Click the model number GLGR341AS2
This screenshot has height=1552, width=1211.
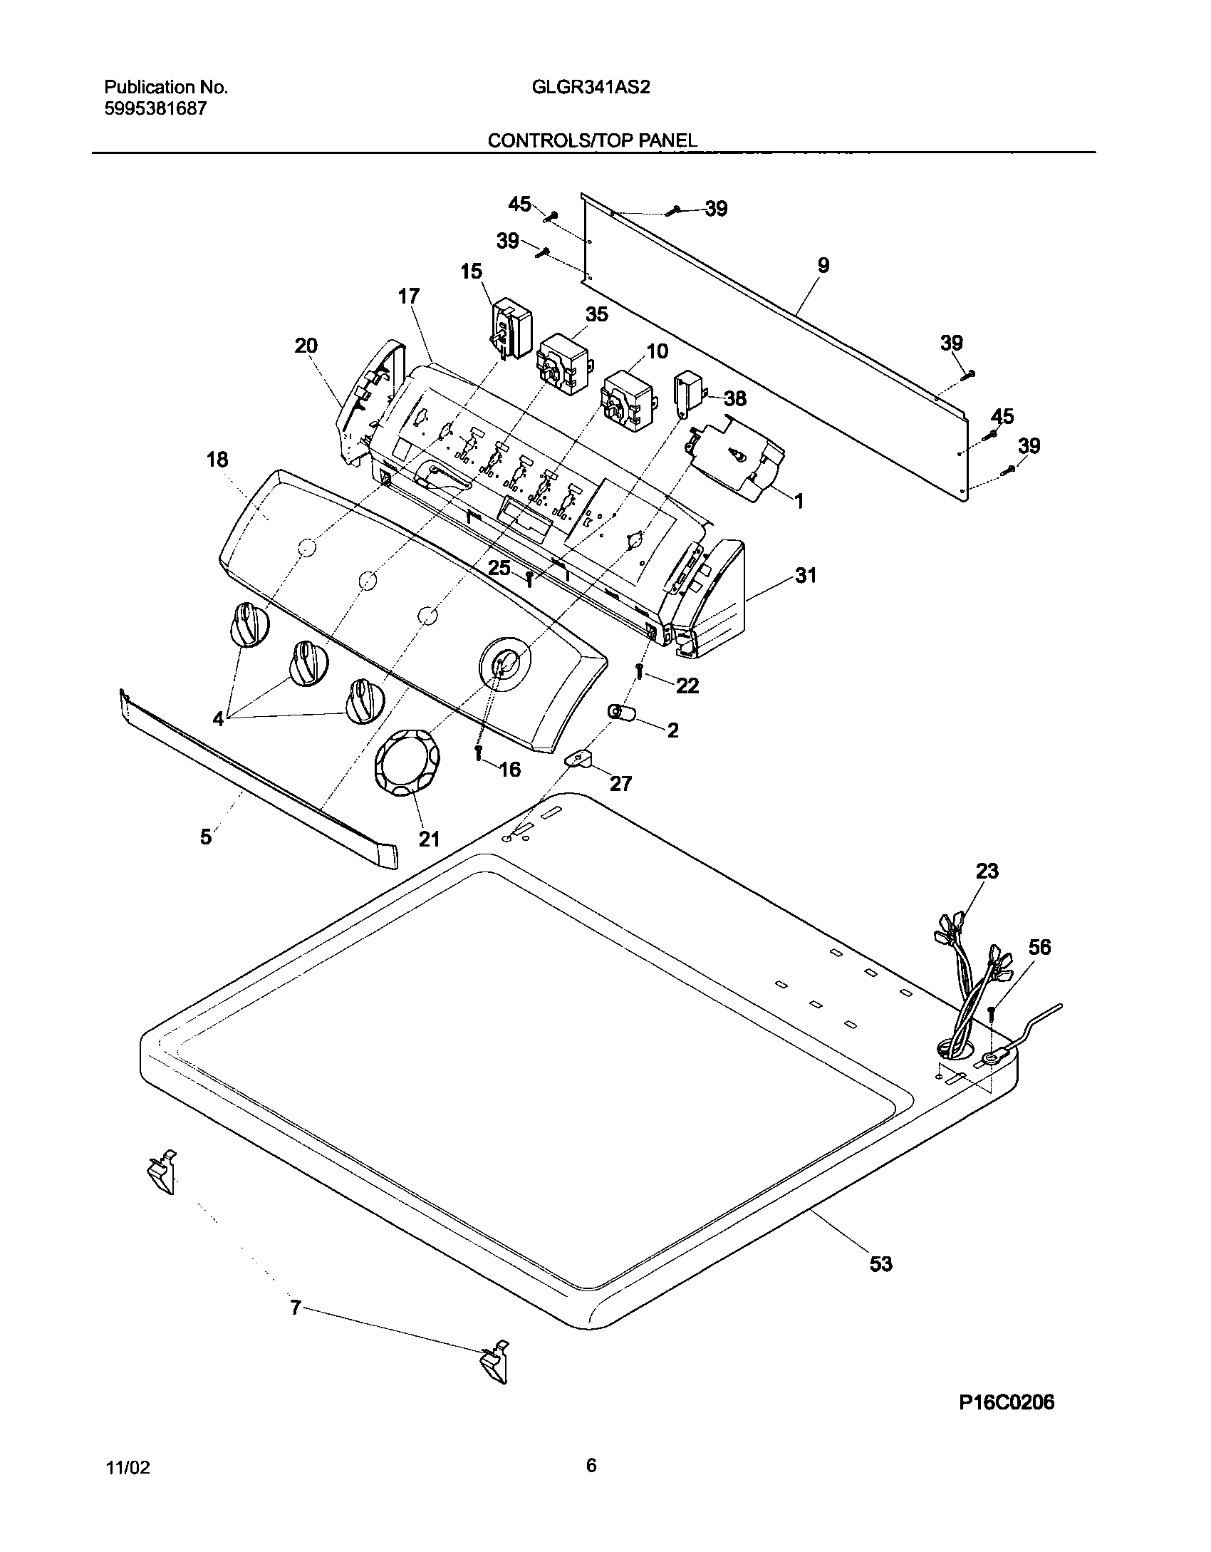(x=591, y=88)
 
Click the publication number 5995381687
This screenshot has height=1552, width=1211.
(x=155, y=109)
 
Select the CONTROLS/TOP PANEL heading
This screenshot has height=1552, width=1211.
(x=592, y=140)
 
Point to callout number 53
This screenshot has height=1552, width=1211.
(x=881, y=1263)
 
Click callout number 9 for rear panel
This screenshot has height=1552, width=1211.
(x=823, y=266)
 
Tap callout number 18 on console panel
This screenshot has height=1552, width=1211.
(x=217, y=460)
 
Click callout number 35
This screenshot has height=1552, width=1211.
(x=597, y=314)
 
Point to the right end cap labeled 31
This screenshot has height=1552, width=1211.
(x=712, y=599)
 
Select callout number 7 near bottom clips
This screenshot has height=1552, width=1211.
(x=296, y=1307)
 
